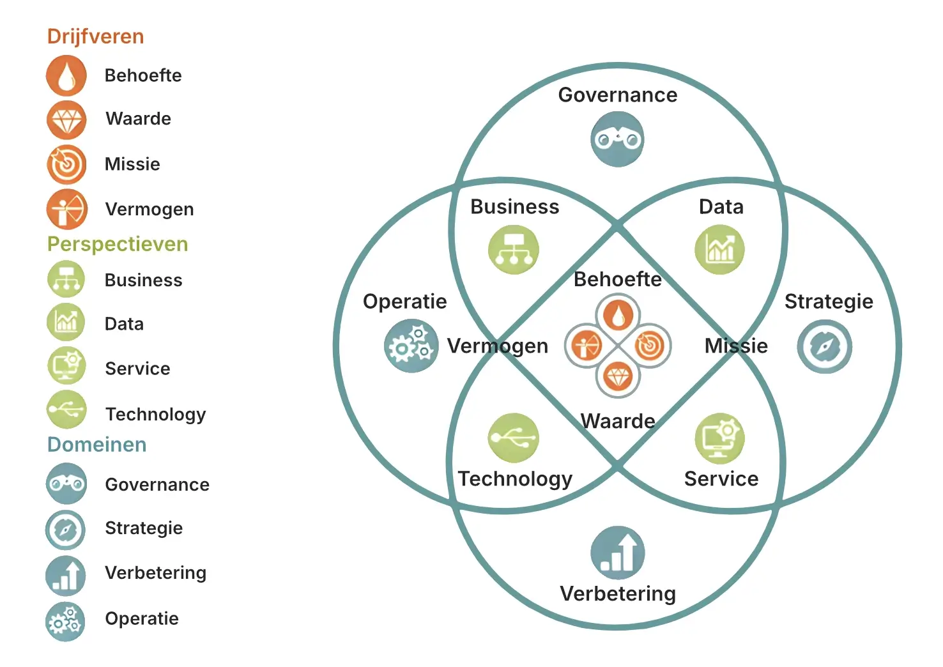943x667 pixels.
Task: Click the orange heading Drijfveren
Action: [x=95, y=36]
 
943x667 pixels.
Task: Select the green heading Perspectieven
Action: [x=118, y=244]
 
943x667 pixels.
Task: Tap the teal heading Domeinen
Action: [x=96, y=445]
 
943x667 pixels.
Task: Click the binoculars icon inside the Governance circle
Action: [x=617, y=139]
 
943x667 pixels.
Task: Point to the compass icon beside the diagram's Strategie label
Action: [x=824, y=347]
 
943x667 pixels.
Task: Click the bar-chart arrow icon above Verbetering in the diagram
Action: [x=618, y=553]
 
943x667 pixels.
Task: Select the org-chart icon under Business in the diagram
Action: [x=514, y=250]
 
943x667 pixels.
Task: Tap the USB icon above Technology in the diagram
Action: [x=514, y=438]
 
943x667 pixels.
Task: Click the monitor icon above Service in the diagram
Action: [x=720, y=438]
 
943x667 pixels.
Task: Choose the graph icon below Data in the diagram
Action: [x=720, y=250]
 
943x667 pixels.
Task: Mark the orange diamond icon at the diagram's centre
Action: [x=618, y=377]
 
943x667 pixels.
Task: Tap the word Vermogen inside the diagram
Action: [x=498, y=346]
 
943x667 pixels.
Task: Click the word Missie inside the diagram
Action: [x=736, y=346]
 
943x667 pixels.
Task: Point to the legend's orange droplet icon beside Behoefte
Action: [x=66, y=75]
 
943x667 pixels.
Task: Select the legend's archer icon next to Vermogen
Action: [x=66, y=209]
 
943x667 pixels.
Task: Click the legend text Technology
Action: [x=156, y=415]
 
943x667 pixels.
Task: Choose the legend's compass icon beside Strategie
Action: [x=65, y=530]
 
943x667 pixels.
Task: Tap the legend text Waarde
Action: [x=139, y=119]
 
